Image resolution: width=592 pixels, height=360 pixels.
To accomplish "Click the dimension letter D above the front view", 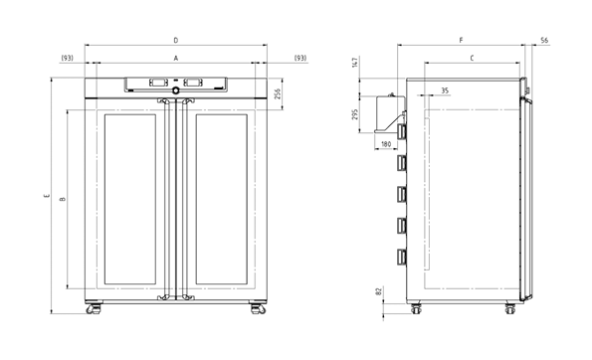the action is pyautogui.click(x=175, y=40).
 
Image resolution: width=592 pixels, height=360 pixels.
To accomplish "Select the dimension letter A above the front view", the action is pyautogui.click(x=175, y=58).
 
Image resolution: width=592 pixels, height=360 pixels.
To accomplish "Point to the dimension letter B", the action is pyautogui.click(x=63, y=199).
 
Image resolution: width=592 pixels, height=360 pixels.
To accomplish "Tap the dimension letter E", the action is pyautogui.click(x=47, y=196).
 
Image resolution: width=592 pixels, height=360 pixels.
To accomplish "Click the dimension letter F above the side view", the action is pyautogui.click(x=461, y=40).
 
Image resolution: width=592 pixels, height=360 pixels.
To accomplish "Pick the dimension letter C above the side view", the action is pyautogui.click(x=472, y=58).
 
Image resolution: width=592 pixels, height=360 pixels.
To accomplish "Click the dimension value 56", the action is pyautogui.click(x=544, y=40).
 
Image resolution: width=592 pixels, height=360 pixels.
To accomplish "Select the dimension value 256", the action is pyautogui.click(x=278, y=93).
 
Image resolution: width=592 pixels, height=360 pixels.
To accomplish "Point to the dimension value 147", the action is pyautogui.click(x=354, y=63).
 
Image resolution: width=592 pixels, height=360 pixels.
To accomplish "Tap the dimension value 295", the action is pyautogui.click(x=354, y=114).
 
